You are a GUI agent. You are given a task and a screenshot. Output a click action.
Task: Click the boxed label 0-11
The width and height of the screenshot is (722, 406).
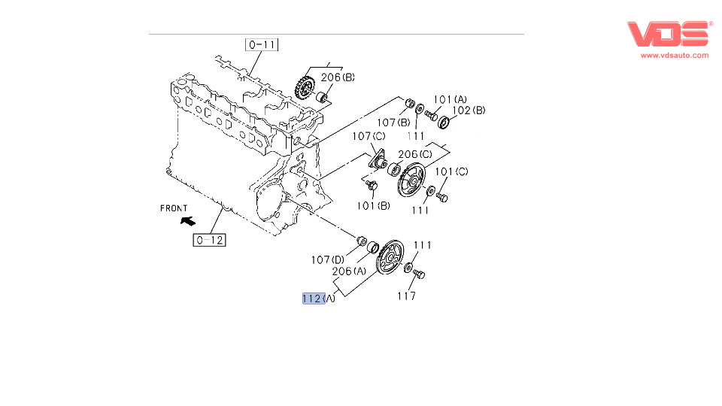click(261, 44)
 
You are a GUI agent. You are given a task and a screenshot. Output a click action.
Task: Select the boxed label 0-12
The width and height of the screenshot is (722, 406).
click(209, 241)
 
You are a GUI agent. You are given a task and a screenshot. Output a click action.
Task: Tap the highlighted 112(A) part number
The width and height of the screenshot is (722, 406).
click(314, 298)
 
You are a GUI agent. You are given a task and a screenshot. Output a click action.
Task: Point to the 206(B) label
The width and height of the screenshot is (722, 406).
click(338, 77)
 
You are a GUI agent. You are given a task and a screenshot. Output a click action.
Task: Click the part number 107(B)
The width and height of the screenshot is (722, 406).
click(393, 123)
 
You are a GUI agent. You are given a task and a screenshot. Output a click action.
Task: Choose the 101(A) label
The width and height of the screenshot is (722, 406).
click(450, 99)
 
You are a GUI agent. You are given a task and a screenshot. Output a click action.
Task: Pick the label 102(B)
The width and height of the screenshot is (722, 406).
click(469, 110)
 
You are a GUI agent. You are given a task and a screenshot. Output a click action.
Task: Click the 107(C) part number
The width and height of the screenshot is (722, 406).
click(369, 136)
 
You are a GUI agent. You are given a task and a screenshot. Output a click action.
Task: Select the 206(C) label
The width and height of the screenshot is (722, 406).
click(415, 155)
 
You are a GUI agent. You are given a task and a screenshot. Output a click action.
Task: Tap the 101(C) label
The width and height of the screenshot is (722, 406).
click(452, 171)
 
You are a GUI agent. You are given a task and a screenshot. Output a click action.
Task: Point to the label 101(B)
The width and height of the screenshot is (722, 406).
click(373, 205)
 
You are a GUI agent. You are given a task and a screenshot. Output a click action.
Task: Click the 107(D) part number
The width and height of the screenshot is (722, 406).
click(328, 260)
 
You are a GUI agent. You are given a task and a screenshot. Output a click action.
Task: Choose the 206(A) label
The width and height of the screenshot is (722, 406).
click(349, 271)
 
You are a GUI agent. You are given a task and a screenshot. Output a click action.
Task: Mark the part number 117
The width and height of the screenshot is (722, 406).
click(407, 295)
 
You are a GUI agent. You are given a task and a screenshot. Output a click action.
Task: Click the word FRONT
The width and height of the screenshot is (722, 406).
click(174, 208)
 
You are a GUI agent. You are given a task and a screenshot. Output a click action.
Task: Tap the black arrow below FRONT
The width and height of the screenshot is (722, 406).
click(187, 221)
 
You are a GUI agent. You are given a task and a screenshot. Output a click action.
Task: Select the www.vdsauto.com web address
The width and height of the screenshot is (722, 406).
click(675, 55)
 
